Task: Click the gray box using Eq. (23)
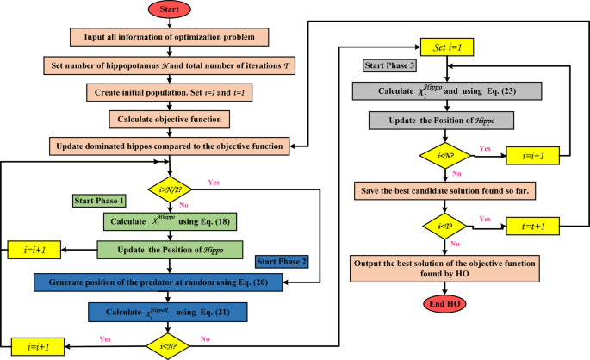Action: click(444, 90)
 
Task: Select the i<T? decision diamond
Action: click(444, 227)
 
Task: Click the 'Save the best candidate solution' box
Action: click(444, 188)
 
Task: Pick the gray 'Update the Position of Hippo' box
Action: click(444, 118)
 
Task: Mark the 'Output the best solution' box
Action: click(444, 265)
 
